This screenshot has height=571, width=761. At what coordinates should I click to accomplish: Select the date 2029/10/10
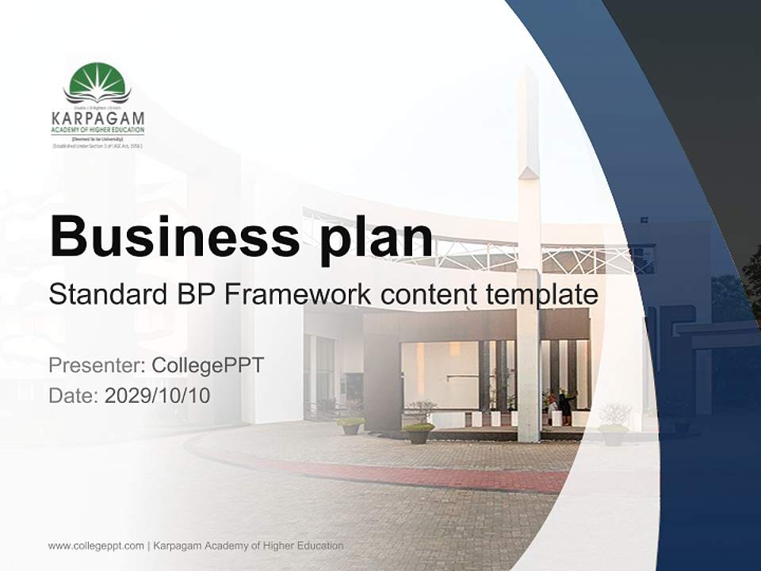click(x=157, y=395)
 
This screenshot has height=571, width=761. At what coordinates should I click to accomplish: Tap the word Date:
click(x=74, y=395)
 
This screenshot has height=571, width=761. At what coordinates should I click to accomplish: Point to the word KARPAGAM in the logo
click(x=98, y=119)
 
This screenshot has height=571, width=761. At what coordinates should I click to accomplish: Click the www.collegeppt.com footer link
click(x=96, y=546)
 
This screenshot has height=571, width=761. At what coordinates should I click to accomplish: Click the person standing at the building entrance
click(x=565, y=407)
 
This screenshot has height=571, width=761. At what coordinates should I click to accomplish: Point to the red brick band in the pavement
click(x=412, y=473)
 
